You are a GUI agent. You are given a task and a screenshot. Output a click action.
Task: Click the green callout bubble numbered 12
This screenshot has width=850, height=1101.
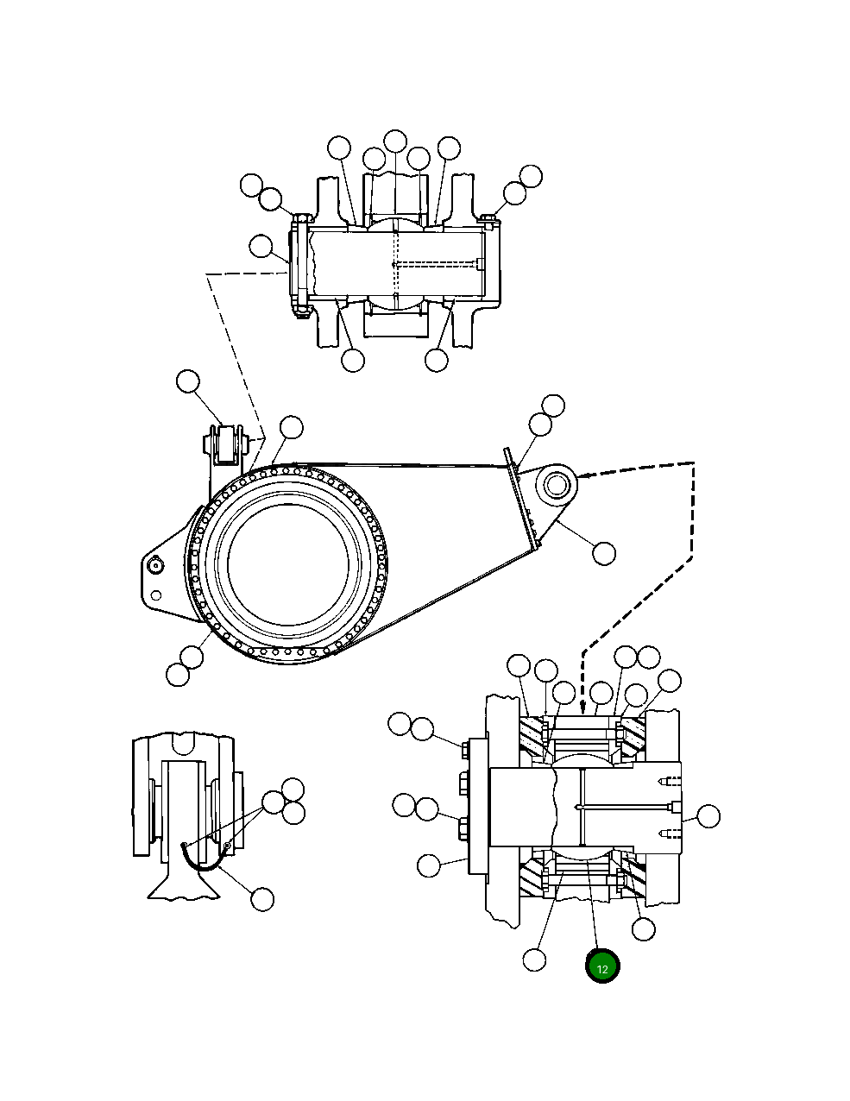click(x=602, y=968)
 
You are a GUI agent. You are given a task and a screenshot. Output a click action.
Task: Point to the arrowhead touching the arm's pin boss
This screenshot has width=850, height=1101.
click(x=580, y=475)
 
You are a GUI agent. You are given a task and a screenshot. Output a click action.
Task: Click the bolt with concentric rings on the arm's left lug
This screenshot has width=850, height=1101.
click(x=155, y=565)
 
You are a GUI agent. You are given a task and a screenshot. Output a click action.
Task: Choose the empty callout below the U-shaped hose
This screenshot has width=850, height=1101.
click(x=262, y=899)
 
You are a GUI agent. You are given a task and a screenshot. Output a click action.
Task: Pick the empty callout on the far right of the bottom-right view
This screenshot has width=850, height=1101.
click(x=708, y=816)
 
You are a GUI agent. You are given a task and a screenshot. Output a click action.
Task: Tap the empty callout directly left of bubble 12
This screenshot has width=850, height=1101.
click(x=535, y=959)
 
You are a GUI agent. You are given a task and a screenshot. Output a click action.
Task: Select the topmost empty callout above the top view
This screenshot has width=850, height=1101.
click(x=395, y=141)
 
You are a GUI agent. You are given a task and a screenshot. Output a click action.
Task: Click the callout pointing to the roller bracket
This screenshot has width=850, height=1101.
click(x=187, y=381)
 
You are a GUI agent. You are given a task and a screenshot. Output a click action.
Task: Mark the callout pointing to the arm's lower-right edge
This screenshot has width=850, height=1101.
click(x=604, y=553)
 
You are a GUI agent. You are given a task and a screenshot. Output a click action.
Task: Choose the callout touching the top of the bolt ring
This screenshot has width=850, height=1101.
click(x=292, y=426)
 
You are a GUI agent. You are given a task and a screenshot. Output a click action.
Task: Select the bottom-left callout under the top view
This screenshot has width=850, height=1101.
click(x=353, y=360)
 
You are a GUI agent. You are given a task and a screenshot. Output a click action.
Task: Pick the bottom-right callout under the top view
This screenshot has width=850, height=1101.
click(x=438, y=360)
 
